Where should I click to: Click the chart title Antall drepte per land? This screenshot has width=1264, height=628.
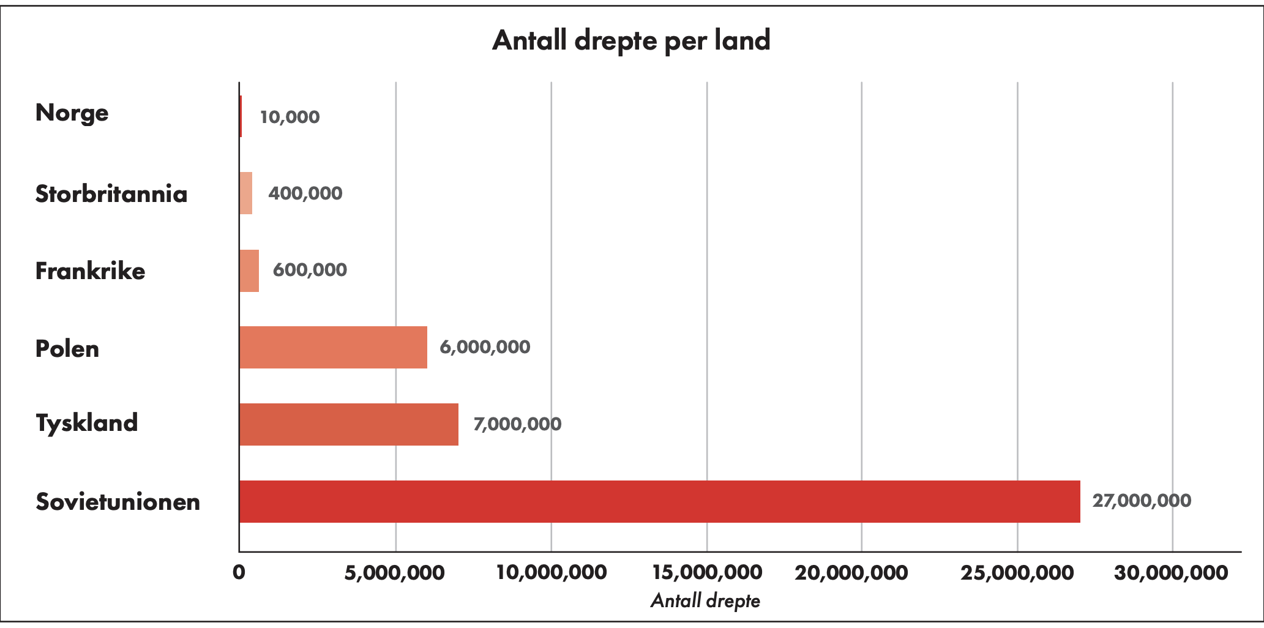(631, 40)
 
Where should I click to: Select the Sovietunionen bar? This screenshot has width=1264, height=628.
(659, 501)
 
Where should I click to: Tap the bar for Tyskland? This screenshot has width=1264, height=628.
(348, 424)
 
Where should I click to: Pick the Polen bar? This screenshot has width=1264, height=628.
(333, 347)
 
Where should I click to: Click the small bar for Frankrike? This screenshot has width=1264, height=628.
(249, 271)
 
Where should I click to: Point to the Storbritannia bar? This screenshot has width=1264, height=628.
(245, 193)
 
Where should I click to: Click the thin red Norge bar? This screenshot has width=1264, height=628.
(241, 116)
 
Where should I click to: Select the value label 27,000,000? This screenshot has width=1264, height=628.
(1142, 501)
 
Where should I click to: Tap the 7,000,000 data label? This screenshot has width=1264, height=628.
(517, 424)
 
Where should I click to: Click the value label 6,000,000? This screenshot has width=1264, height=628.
(485, 347)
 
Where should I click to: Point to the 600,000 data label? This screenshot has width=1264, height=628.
(310, 270)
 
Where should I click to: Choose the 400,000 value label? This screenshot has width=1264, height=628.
(305, 193)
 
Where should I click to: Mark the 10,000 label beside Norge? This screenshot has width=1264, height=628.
(290, 117)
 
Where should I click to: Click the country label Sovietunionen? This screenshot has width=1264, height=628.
(118, 502)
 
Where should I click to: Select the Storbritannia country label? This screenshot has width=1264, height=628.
(111, 194)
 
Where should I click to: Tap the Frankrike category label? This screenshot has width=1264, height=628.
(91, 271)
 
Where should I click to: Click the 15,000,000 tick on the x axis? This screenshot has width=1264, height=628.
(707, 573)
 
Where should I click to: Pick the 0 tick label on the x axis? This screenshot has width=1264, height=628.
(239, 573)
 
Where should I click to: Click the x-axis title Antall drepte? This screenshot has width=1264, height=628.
(705, 600)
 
